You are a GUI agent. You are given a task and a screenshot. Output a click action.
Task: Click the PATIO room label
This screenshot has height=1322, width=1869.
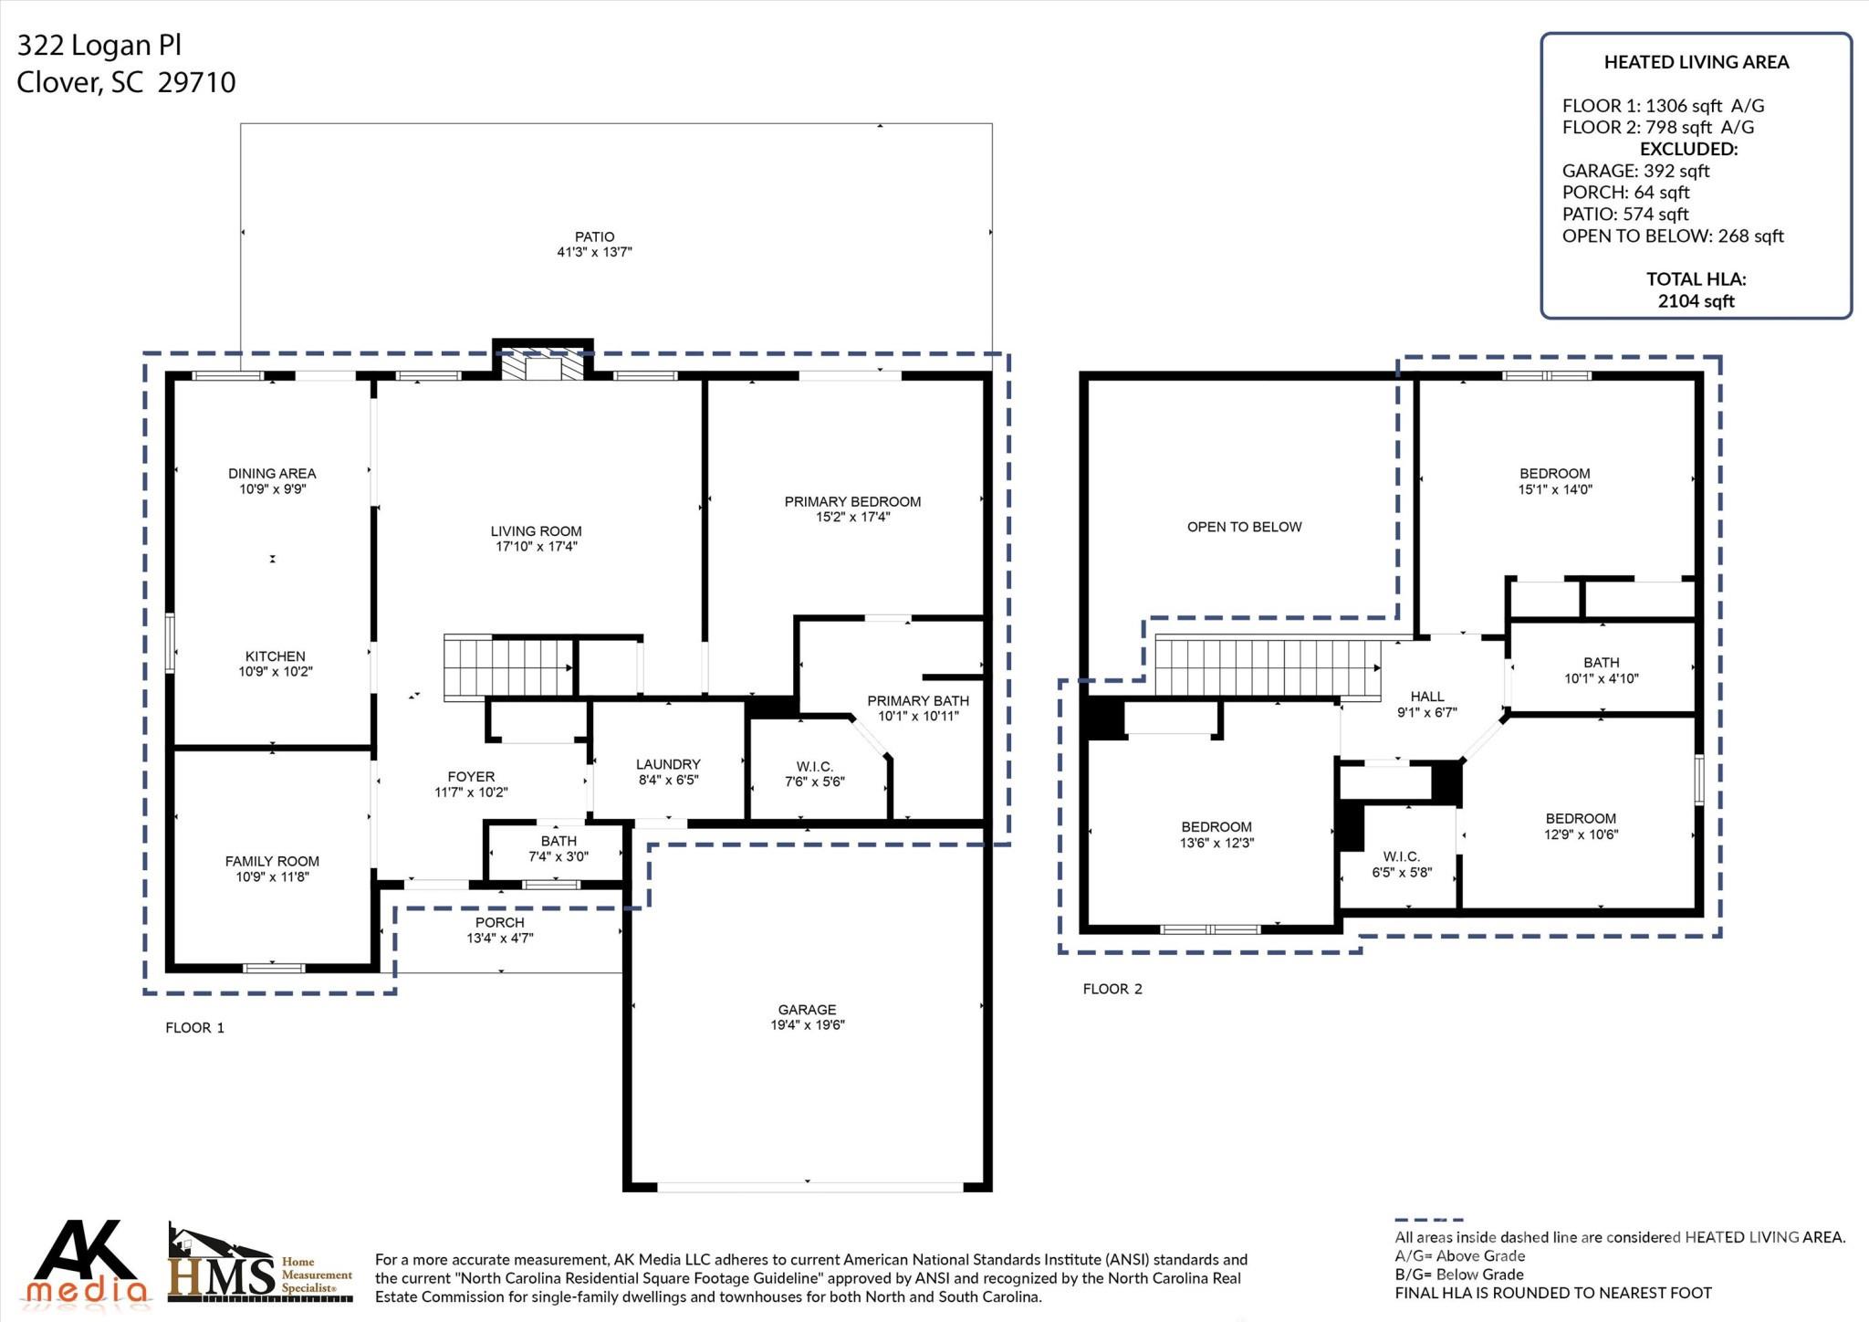594,236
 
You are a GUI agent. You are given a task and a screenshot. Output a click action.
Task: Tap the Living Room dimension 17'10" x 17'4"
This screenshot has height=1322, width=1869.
536,547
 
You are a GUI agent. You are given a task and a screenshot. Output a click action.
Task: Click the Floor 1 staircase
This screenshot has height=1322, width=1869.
507,667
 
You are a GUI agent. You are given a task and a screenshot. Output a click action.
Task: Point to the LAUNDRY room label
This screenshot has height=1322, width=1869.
668,764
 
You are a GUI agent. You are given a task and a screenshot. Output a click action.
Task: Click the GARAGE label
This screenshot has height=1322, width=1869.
807,1009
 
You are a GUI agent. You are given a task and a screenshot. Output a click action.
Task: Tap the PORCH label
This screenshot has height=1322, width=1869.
499,922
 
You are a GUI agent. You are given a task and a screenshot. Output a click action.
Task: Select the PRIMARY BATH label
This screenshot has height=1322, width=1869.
917,700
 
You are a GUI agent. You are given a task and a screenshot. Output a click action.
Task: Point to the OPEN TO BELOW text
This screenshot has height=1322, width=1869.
1244,527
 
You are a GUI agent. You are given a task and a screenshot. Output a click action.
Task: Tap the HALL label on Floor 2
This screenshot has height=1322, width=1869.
1426,696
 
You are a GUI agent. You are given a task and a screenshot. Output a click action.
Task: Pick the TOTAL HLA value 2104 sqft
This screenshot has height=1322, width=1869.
1696,301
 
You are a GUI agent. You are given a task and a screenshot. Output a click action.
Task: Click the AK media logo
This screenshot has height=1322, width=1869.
87,1264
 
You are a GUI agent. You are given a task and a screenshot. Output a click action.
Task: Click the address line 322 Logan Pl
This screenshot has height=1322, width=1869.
99,46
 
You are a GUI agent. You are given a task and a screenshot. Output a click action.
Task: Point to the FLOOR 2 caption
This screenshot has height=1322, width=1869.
1112,989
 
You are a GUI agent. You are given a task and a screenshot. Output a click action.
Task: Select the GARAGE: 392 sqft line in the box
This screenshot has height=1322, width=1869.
1634,171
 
